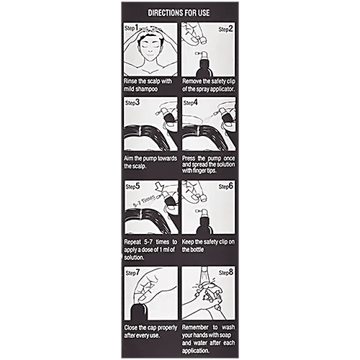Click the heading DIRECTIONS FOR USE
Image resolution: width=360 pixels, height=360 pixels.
pos(179,13)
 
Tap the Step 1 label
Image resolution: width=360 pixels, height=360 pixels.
pos(131,28)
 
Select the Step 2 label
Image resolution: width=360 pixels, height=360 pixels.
pos(225,30)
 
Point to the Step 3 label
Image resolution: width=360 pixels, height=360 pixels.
pos(132,103)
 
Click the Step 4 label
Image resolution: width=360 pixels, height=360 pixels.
pos(191,103)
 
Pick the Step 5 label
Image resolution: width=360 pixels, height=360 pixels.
pos(132,186)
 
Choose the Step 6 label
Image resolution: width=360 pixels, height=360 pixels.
pos(225,186)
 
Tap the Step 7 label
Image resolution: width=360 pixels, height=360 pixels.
pos(132,273)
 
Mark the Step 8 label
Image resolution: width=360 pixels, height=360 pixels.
pos(225,273)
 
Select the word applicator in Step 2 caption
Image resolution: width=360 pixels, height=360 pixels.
pos(222,89)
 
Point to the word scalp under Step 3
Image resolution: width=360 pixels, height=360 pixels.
pos(139,166)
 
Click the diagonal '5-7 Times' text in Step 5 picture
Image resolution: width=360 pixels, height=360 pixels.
pos(143,201)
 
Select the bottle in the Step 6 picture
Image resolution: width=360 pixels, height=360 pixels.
pos(204,222)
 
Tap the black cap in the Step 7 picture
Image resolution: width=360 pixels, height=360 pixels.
pos(138,312)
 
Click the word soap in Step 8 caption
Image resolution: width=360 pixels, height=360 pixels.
pos(225,336)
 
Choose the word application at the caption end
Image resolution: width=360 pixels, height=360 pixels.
pos(196,351)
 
